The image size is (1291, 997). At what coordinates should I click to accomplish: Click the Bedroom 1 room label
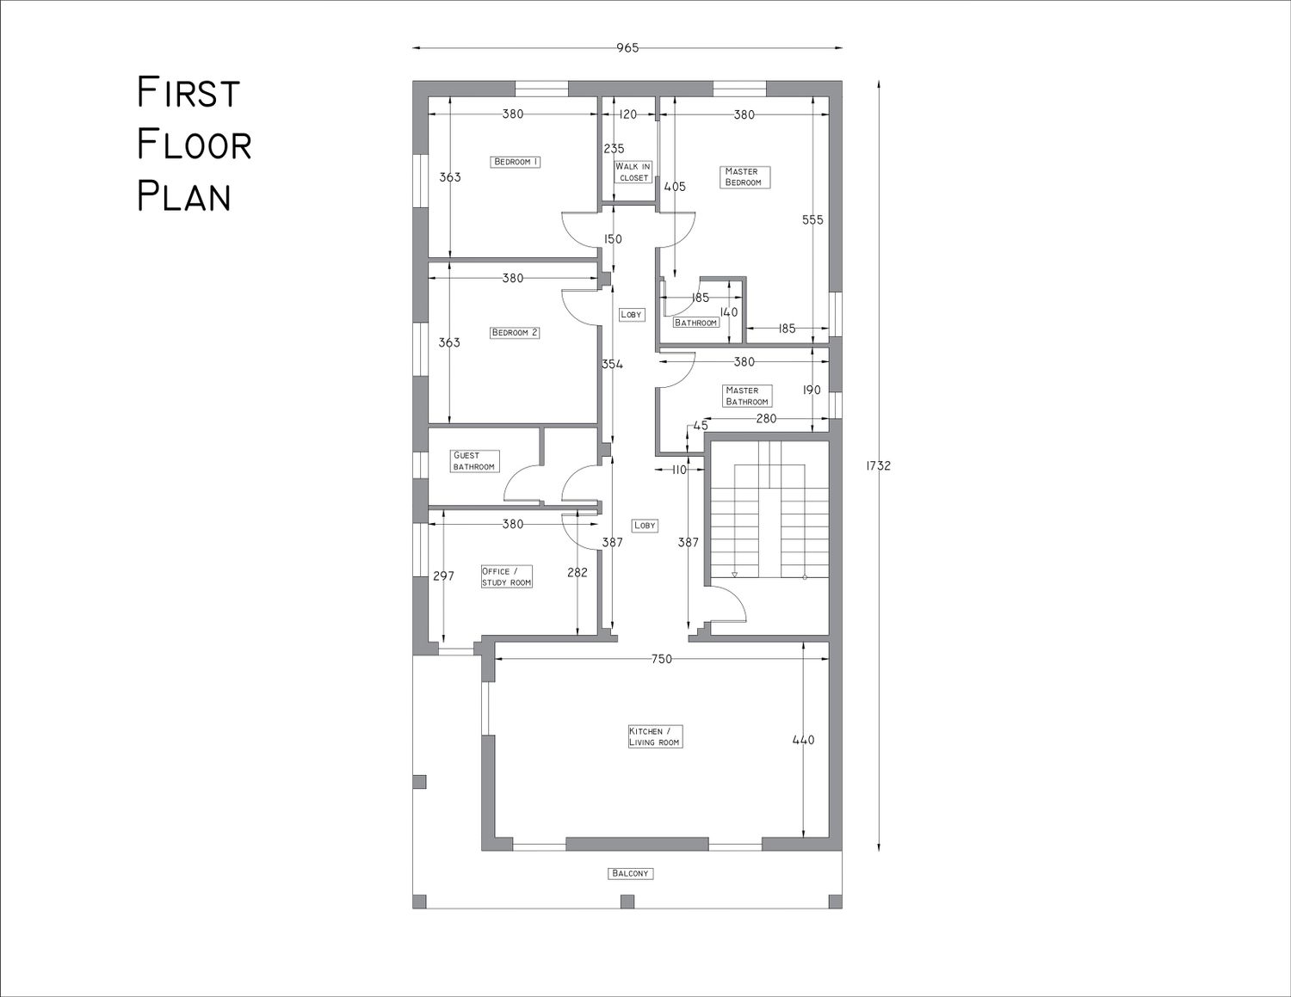click(516, 162)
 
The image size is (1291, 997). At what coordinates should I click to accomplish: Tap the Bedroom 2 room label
click(515, 333)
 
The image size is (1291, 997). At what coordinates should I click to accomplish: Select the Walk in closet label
click(633, 172)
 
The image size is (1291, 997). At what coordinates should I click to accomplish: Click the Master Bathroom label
click(747, 396)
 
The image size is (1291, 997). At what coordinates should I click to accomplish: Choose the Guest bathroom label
click(474, 461)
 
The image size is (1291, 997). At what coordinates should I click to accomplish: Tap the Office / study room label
click(506, 576)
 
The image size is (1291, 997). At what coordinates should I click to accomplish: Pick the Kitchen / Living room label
click(655, 736)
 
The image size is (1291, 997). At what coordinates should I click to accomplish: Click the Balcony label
click(630, 873)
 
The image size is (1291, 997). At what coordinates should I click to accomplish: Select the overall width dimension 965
click(627, 48)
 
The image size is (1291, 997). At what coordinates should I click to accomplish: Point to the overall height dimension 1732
click(878, 466)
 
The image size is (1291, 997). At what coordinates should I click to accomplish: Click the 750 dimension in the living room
click(661, 659)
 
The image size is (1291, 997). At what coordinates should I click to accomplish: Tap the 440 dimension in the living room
click(803, 740)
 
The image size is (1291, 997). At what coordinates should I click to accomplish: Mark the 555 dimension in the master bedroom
click(812, 219)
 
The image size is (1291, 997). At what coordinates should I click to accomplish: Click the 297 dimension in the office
click(443, 575)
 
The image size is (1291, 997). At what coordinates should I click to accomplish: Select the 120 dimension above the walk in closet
click(627, 114)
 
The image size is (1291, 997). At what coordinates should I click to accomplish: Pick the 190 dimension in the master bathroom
click(812, 391)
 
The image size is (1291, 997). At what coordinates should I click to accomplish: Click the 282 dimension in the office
click(577, 572)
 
